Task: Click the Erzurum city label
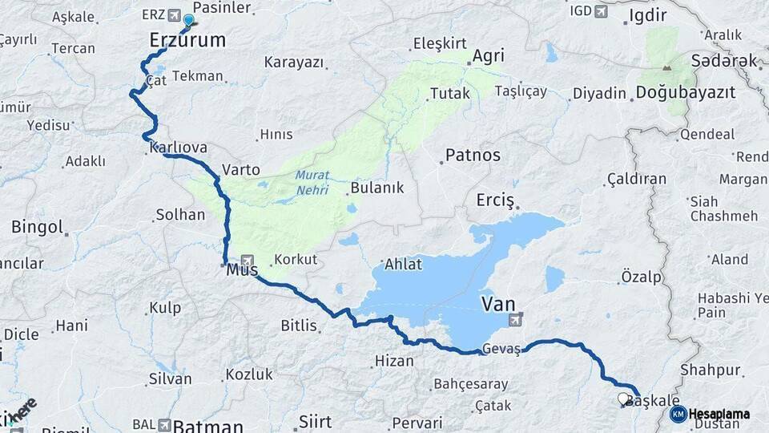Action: (187, 40)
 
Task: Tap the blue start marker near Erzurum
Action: (188, 22)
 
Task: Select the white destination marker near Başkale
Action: (623, 399)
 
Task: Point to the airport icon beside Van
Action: (516, 320)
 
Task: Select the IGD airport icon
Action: (601, 11)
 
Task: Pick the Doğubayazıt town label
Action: (685, 93)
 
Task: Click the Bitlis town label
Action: (299, 326)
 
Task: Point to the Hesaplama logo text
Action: (719, 415)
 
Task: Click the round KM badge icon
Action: (678, 415)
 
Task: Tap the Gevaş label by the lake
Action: (501, 350)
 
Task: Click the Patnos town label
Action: (473, 156)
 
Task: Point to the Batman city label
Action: (208, 425)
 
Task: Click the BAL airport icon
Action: (164, 424)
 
